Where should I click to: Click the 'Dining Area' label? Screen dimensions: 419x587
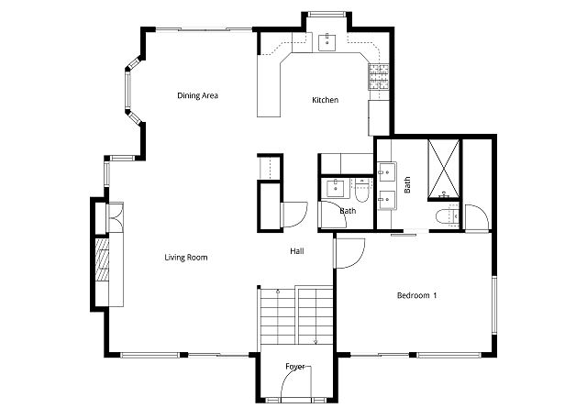tap(197, 95)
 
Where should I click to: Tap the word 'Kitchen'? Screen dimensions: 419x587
tap(326, 100)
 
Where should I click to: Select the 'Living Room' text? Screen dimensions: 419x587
tap(186, 258)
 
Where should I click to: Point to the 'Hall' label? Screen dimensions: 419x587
tap(297, 251)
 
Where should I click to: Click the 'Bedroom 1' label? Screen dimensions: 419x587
tap(416, 295)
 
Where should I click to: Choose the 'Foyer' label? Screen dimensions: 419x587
tap(294, 367)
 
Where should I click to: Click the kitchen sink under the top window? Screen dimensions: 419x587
tap(327, 41)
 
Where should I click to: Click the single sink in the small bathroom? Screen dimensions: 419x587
tap(334, 186)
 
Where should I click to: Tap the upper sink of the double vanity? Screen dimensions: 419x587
tap(385, 171)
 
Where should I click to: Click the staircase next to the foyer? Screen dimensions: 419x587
tap(295, 316)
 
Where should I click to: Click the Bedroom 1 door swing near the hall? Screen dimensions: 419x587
tap(349, 252)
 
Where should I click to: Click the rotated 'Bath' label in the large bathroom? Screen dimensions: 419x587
tap(406, 184)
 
